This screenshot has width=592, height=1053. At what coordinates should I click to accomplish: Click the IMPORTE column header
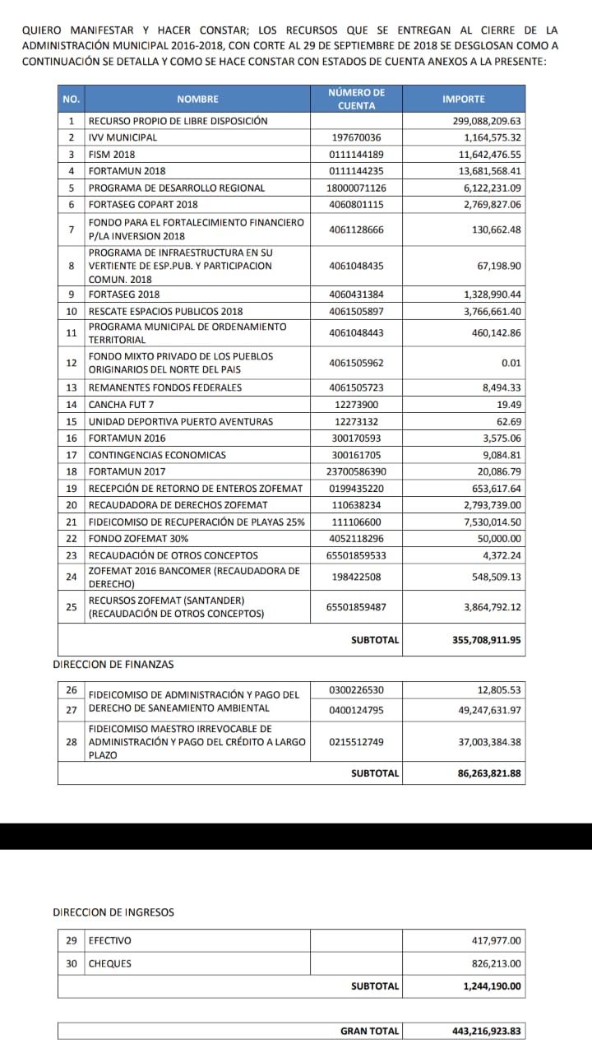[464, 99]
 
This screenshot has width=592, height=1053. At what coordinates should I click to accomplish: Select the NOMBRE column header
[197, 99]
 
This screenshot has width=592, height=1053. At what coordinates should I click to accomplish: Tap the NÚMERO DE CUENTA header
[356, 99]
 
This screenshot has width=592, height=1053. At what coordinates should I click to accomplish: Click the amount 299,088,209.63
[481, 121]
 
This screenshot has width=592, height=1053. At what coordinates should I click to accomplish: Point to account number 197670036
[356, 137]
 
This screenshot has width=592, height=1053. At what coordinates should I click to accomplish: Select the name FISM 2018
[112, 155]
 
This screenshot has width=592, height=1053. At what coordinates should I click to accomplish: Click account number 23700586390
[356, 471]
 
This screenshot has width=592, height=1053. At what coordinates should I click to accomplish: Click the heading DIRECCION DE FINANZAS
[113, 664]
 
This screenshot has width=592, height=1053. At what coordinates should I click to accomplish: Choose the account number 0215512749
[356, 742]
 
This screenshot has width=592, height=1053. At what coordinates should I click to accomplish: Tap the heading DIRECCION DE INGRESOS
[113, 912]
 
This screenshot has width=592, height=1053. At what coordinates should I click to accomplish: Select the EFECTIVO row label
[110, 941]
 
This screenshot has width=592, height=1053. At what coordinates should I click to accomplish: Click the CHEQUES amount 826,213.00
[493, 963]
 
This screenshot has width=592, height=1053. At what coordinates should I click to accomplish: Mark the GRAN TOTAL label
[370, 1031]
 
